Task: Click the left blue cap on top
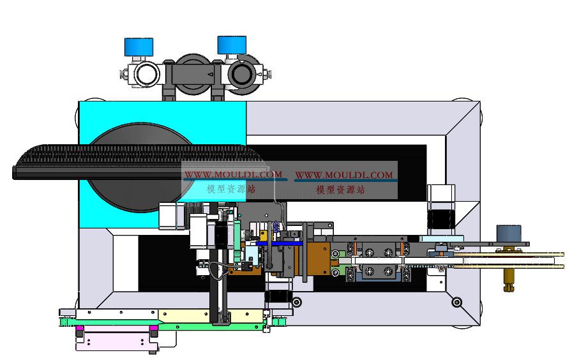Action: (139, 47)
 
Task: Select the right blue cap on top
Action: (232, 45)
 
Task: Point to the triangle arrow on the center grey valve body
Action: (210, 74)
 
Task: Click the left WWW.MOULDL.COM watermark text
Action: (233, 174)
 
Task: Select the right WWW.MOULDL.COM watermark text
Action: (344, 175)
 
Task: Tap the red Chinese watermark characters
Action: (340, 190)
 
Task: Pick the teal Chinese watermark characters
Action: (231, 190)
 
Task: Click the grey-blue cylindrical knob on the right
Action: (509, 234)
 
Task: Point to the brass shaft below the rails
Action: (509, 280)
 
